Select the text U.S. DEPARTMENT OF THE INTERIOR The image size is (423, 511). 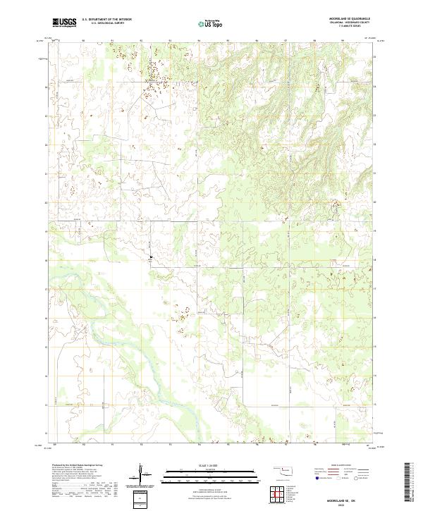click(106, 19)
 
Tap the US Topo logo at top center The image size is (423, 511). click(211, 23)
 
